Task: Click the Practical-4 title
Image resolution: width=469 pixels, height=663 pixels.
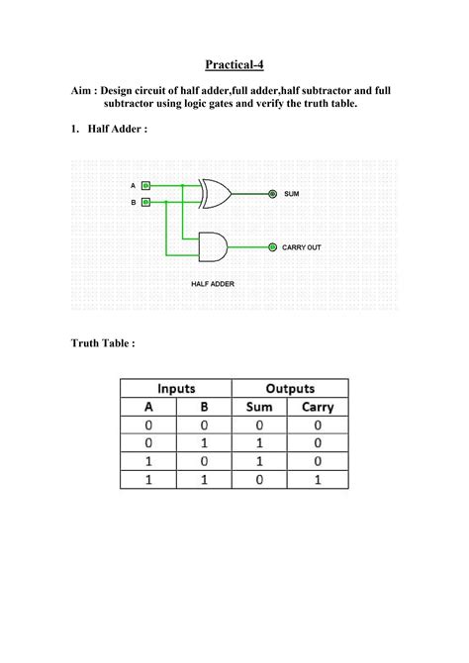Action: click(x=234, y=65)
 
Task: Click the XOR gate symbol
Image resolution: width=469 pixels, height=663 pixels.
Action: click(x=215, y=194)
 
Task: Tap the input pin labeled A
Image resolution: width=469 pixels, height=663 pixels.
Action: click(x=146, y=185)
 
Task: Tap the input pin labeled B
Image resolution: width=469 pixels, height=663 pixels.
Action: click(x=146, y=202)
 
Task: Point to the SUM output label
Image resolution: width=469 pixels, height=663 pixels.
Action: click(x=291, y=194)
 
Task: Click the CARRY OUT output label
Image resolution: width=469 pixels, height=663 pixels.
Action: click(x=302, y=246)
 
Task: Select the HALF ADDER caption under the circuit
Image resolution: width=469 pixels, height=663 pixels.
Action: click(x=213, y=283)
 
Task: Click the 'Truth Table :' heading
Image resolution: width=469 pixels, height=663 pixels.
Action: click(x=103, y=343)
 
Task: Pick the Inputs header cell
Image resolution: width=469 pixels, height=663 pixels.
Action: click(x=175, y=388)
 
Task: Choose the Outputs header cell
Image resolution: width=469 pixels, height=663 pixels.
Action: click(x=290, y=388)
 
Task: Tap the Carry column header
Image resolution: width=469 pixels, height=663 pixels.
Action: click(x=319, y=407)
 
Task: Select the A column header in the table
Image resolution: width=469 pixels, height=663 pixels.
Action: click(x=148, y=407)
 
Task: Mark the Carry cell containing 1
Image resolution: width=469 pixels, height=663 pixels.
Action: click(x=319, y=479)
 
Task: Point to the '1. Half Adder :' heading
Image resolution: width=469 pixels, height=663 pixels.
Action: click(x=110, y=129)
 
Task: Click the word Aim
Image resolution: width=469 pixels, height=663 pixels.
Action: click(x=83, y=89)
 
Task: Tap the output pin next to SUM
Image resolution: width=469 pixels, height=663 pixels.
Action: click(x=272, y=194)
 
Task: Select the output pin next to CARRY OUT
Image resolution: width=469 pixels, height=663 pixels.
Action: click(x=272, y=246)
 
